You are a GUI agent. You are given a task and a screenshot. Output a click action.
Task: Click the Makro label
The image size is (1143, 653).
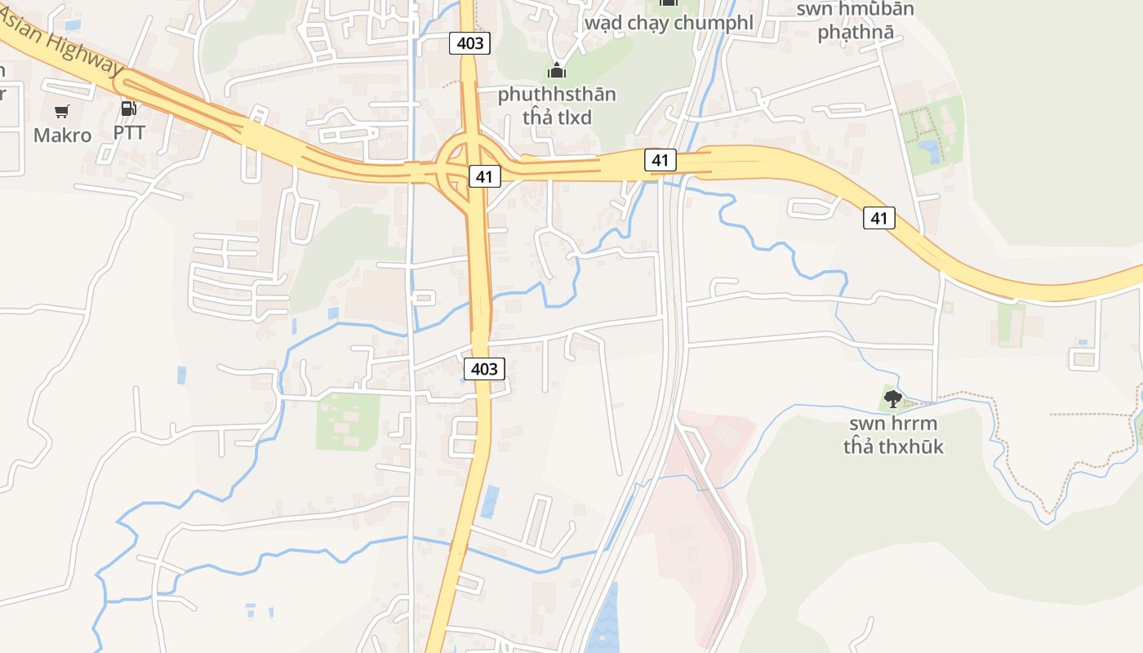tap(62, 135)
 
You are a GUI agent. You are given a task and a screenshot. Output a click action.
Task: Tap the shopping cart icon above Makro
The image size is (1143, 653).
tap(62, 111)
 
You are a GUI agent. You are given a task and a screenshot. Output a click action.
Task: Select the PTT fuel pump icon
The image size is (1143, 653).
tap(128, 109)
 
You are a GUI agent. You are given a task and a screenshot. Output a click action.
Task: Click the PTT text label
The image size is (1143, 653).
tap(129, 132)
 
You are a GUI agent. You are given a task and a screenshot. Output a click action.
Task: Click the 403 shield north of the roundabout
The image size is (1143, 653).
tap(470, 43)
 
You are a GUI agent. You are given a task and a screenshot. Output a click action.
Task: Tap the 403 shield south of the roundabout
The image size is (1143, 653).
tap(484, 369)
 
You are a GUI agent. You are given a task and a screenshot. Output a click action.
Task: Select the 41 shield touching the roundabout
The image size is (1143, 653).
tap(484, 176)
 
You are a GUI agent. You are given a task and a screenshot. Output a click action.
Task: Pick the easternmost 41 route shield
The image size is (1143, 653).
tap(878, 218)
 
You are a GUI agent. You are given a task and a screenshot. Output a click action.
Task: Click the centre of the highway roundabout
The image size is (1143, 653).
tap(463, 167)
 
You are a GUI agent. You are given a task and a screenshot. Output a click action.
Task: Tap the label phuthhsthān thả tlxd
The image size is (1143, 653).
tap(557, 105)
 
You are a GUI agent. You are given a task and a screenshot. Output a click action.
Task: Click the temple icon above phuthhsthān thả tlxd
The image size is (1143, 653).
tap(557, 71)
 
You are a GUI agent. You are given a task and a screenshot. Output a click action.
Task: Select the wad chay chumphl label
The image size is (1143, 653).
tap(669, 23)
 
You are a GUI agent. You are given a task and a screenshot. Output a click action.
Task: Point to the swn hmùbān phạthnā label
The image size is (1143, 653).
tap(856, 21)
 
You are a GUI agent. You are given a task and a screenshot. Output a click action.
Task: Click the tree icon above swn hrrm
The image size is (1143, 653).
tap(893, 399)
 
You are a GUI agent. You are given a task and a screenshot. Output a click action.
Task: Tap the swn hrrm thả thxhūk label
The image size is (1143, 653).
tap(893, 435)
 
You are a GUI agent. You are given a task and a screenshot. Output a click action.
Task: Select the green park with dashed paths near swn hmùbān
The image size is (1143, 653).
tap(931, 135)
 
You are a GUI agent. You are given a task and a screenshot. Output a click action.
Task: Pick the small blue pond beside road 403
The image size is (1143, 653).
tap(490, 501)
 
